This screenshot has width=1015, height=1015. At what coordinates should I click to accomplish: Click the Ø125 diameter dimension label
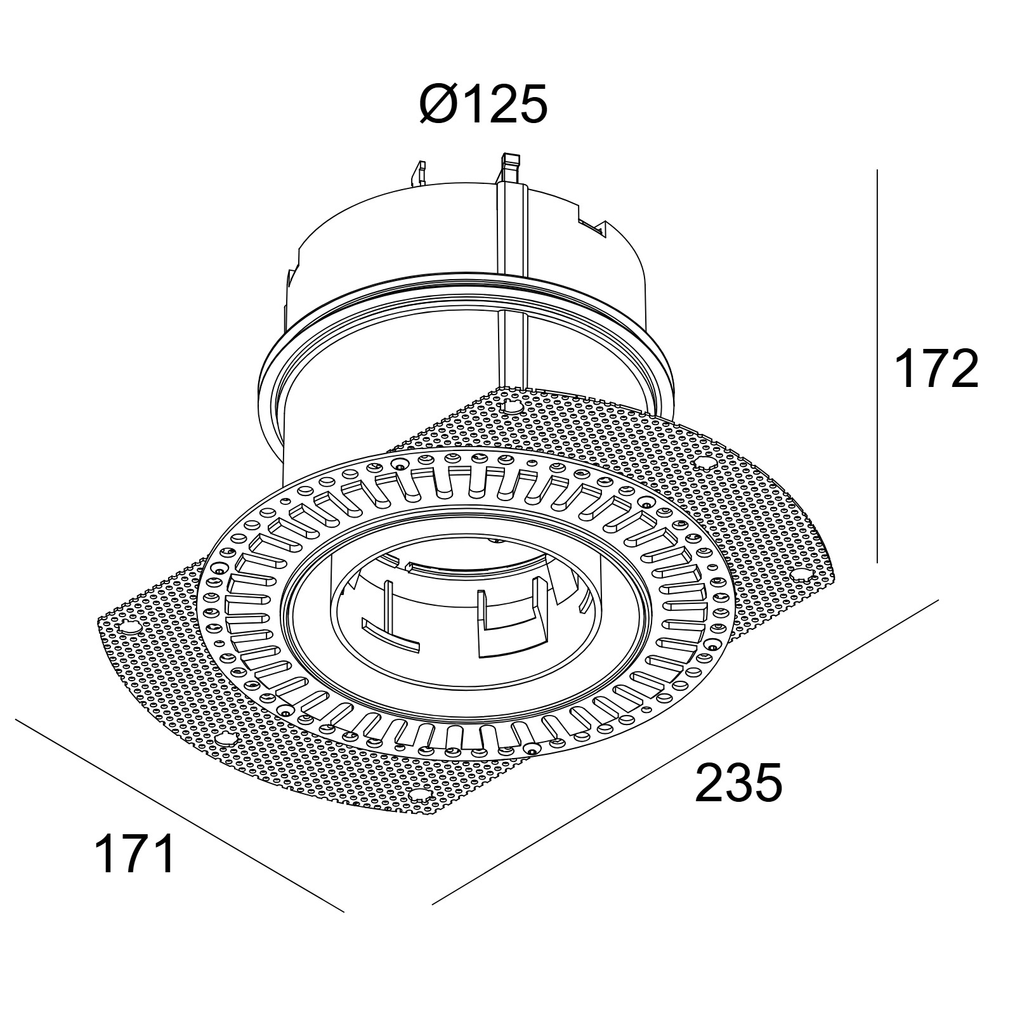(483, 104)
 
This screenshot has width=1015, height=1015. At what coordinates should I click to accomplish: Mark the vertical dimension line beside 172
(877, 366)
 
